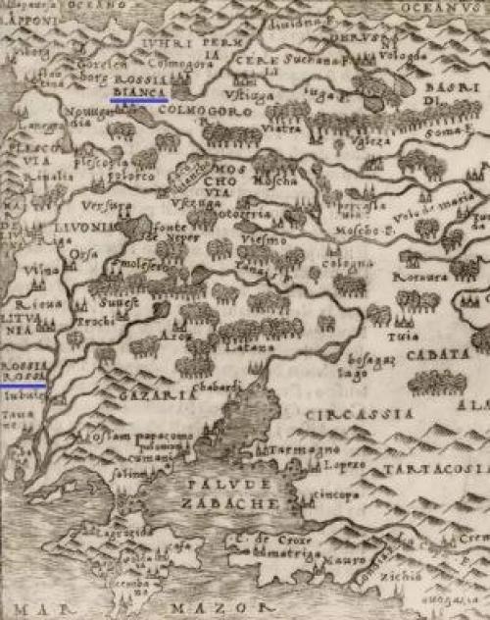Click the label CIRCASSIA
(x=345, y=415)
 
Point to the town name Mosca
(x=268, y=182)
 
